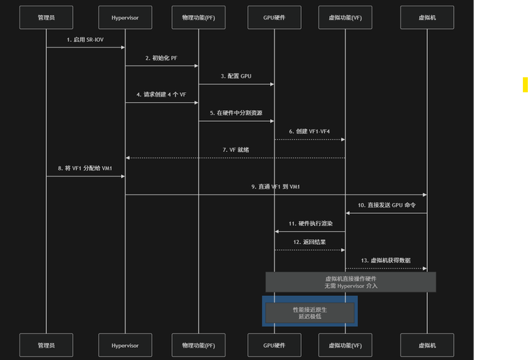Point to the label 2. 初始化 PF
coord(161,58)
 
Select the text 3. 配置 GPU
coord(236,76)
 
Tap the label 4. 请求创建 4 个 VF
coord(161,94)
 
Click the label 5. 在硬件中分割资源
coord(236,113)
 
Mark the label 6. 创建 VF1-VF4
coord(310,131)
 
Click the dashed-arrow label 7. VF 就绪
coord(236,149)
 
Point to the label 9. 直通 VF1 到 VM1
coord(276,186)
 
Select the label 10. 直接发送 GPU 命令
coord(386,205)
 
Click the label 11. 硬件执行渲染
coord(310,224)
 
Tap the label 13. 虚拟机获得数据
coord(386,260)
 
